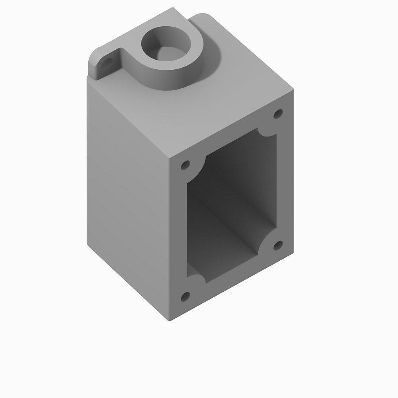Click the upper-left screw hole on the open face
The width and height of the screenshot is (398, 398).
(x=185, y=165)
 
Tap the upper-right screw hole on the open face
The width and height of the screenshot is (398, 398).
(x=278, y=115)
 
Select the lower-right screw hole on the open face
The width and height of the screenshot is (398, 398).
(x=279, y=244)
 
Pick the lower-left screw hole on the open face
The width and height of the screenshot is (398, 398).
(x=185, y=296)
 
